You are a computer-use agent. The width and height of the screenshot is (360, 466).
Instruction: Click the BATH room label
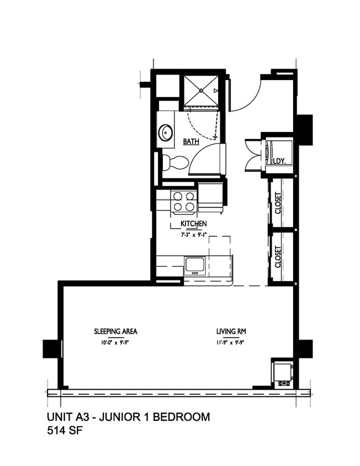(191, 141)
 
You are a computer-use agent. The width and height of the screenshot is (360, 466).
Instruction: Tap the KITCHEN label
(194, 224)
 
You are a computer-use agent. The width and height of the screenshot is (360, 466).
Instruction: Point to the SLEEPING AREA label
(115, 332)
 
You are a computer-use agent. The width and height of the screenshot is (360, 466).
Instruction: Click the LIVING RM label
(231, 332)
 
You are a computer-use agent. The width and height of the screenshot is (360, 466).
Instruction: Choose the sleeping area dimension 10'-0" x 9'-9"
(115, 342)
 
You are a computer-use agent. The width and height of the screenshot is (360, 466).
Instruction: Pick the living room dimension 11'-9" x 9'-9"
(231, 342)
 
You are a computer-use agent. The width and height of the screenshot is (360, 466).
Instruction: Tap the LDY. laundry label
(279, 161)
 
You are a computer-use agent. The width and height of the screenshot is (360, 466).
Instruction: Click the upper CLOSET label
(278, 203)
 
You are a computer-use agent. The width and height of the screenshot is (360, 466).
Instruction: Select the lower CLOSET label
(278, 257)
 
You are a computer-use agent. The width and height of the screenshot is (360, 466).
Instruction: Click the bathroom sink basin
(165, 133)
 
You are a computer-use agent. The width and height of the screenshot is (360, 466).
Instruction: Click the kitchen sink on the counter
(194, 264)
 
